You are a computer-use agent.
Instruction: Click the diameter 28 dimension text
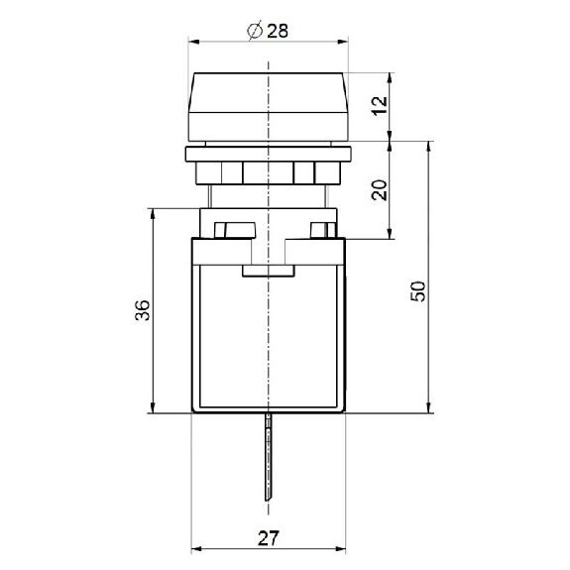pyautogui.click(x=268, y=31)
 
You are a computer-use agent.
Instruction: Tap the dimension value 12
pyautogui.click(x=380, y=105)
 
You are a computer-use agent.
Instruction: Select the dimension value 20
pyautogui.click(x=380, y=189)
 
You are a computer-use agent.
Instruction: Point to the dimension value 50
pyautogui.click(x=418, y=291)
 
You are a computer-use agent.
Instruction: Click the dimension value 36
pyautogui.click(x=143, y=310)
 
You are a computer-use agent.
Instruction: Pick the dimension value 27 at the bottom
pyautogui.click(x=269, y=538)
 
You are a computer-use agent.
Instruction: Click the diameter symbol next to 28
pyautogui.click(x=255, y=31)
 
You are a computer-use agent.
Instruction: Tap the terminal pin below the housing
pyautogui.click(x=269, y=457)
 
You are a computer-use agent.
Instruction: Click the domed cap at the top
pyautogui.click(x=269, y=106)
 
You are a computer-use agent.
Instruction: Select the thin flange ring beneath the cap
pyautogui.click(x=269, y=154)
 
